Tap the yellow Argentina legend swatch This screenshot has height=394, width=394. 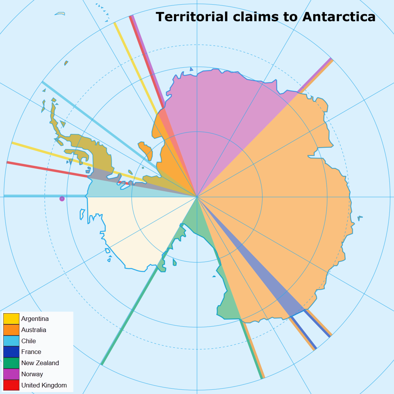pos(11,319)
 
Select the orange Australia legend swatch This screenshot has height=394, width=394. pos(11,330)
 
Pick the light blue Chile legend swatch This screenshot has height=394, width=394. pos(11,341)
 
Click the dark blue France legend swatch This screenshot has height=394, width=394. pos(11,352)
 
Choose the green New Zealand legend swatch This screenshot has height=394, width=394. pos(11,363)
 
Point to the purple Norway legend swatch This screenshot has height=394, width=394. pos(11,374)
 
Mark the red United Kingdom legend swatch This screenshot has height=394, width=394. pos(11,385)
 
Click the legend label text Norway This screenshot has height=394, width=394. pos(32,374)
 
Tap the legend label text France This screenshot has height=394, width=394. pos(31,352)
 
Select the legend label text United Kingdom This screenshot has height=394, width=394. pos(44,385)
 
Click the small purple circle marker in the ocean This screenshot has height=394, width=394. pos(62,199)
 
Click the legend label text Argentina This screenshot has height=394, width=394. pos(35,319)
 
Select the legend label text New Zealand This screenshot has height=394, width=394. pos(40,363)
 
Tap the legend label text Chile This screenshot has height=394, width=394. pos(28,341)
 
